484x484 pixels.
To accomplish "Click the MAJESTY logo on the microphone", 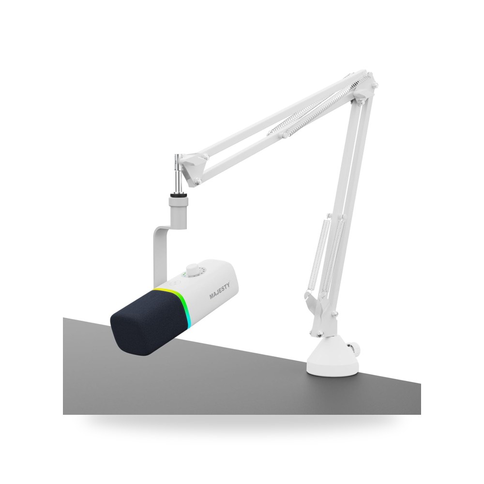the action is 219,290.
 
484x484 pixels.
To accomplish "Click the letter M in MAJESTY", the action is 212,296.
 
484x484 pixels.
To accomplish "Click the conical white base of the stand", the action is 333,357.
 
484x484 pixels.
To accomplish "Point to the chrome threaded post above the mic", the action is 179,174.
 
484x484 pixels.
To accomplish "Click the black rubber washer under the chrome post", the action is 179,196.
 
